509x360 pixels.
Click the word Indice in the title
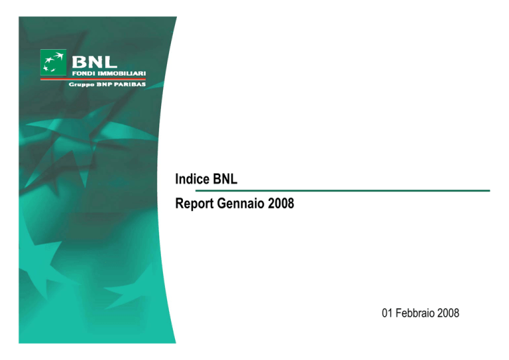(x=192, y=179)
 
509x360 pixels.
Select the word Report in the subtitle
(x=194, y=204)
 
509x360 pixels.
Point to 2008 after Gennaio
(x=281, y=204)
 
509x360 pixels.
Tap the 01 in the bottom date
(x=387, y=313)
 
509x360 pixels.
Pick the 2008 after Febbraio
(x=448, y=313)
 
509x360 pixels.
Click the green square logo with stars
(x=53, y=62)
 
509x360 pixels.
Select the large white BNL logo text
(x=94, y=62)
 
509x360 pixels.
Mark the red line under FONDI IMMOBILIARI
(x=93, y=79)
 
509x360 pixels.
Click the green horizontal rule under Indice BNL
(x=343, y=191)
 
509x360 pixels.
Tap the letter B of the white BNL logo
(x=79, y=62)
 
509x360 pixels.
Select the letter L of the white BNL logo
(x=110, y=62)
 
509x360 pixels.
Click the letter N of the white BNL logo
(x=94, y=62)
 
